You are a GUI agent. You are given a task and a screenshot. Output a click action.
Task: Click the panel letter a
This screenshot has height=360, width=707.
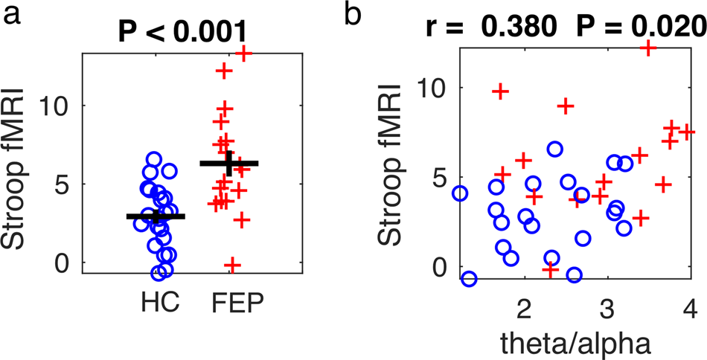10,15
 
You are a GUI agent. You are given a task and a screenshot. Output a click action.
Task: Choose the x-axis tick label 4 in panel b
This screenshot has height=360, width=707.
689,308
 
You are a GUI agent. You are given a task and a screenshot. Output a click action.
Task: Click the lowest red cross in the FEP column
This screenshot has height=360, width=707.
232,264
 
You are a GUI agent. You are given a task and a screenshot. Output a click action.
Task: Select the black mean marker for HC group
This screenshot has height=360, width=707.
156,216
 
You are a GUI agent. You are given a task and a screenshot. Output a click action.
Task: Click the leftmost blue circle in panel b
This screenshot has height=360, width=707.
460,193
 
